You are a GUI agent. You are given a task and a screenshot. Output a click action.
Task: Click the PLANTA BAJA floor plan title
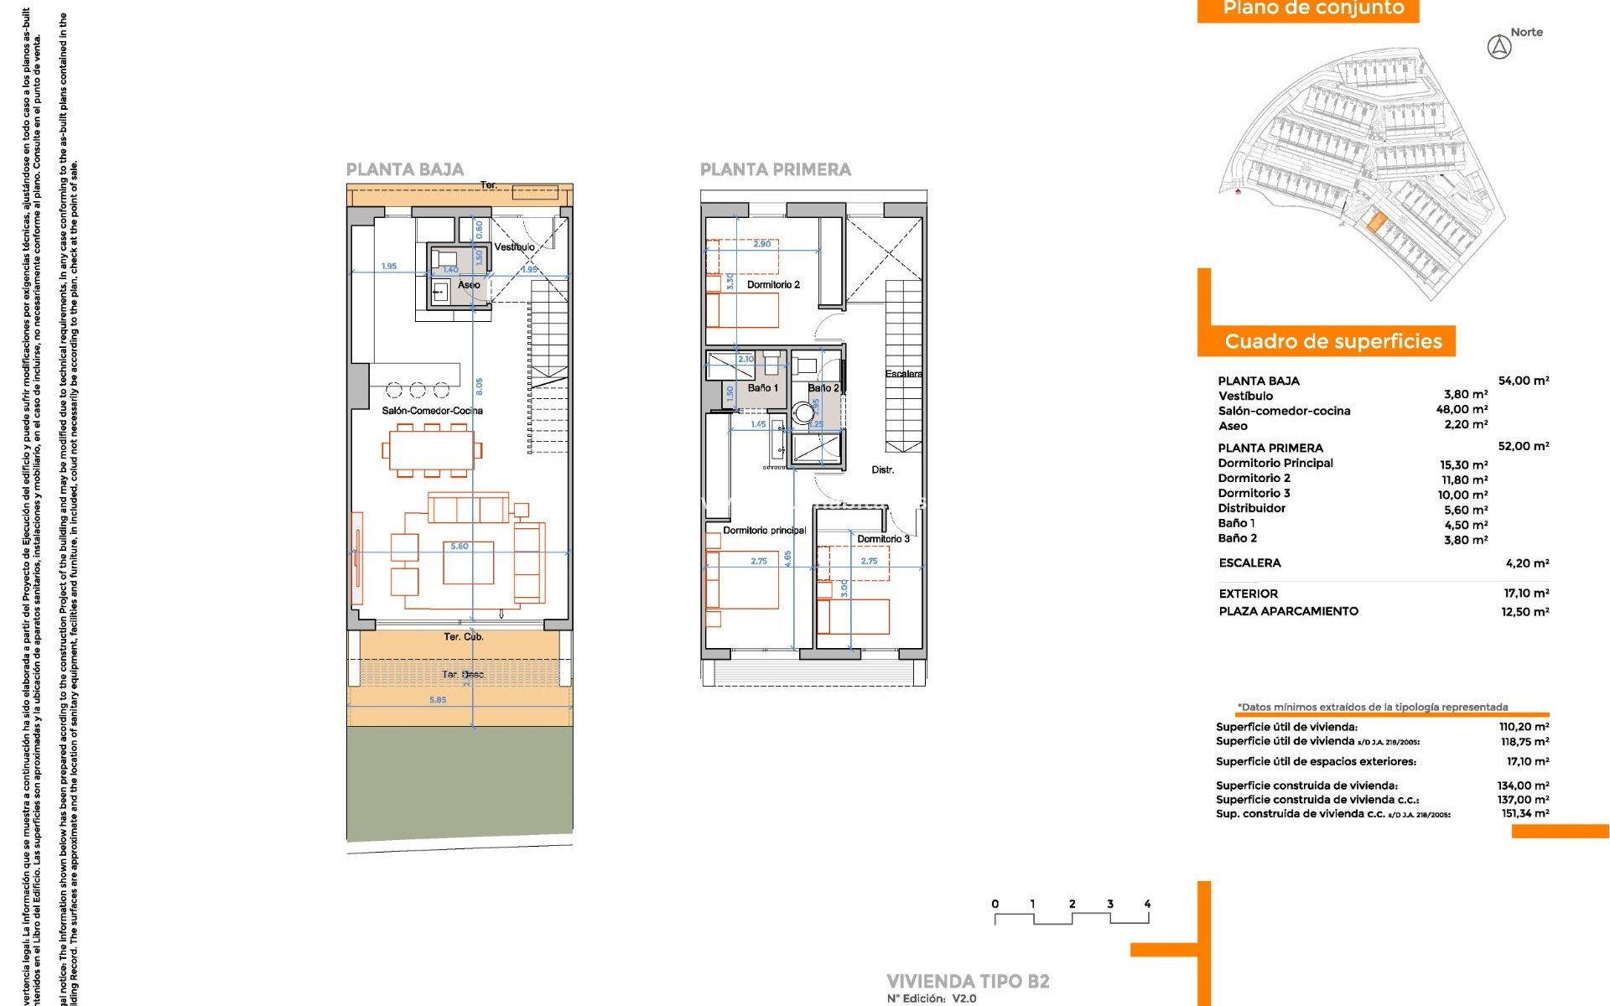(405, 169)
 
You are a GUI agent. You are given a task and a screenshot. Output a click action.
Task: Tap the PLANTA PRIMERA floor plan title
(775, 169)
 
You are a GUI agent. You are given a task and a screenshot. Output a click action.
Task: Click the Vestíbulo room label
(514, 247)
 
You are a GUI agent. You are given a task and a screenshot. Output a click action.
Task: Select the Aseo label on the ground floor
(469, 285)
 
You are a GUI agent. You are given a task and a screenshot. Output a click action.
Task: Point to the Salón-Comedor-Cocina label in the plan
(432, 411)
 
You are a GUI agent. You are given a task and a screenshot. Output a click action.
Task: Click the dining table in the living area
(432, 451)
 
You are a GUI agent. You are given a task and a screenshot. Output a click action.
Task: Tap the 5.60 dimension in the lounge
(460, 547)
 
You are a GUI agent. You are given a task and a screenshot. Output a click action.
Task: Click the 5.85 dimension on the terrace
(438, 700)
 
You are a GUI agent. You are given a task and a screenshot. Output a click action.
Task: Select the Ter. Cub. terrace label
(463, 637)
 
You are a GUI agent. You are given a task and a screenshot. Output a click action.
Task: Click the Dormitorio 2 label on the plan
(773, 285)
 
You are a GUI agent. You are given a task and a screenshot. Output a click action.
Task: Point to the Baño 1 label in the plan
(763, 388)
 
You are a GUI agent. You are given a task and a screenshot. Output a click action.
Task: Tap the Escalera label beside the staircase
(904, 374)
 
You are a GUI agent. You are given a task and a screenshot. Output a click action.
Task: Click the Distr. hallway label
(882, 470)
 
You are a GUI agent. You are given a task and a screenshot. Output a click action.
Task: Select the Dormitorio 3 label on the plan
(883, 539)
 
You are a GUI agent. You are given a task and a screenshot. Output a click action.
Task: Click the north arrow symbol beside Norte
(1499, 48)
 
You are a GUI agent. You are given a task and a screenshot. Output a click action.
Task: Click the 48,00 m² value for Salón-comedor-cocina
(1462, 410)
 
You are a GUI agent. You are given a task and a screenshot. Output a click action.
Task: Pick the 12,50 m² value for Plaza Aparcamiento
(1524, 612)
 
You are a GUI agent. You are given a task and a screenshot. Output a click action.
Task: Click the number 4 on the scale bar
(1147, 904)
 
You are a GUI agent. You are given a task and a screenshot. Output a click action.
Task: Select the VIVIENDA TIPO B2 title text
(968, 981)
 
